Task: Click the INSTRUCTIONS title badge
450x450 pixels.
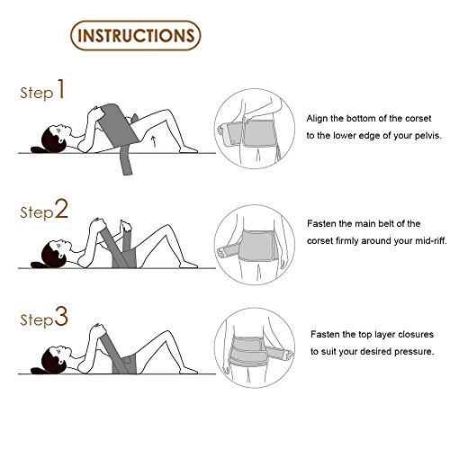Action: pos(136,35)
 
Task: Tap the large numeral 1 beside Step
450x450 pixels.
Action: pos(61,89)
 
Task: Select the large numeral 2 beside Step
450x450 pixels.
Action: pos(61,209)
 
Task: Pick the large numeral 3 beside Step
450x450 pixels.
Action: pos(61,316)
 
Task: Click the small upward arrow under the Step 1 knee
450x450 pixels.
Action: pos(154,141)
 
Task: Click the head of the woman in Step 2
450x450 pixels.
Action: pos(55,254)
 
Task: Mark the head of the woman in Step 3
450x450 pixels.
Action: pos(55,360)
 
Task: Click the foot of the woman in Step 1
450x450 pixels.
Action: pos(188,149)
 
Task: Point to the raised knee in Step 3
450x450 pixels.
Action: pos(166,334)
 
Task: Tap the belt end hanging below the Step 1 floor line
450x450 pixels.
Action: pos(127,165)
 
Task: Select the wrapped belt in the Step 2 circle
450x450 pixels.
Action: pos(257,246)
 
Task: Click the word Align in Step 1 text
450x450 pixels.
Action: pos(317,119)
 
